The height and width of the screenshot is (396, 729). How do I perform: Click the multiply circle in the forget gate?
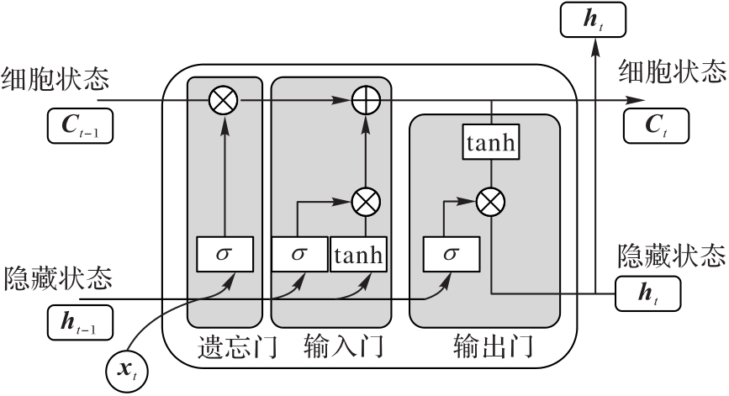click(x=224, y=101)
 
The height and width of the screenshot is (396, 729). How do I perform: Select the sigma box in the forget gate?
click(x=224, y=254)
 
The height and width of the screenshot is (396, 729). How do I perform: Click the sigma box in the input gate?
click(x=299, y=254)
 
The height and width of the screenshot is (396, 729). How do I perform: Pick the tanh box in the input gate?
click(x=359, y=254)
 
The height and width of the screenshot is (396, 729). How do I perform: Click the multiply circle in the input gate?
click(x=367, y=202)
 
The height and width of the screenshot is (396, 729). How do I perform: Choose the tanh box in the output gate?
click(x=489, y=143)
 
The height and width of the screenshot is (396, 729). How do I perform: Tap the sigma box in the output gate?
click(x=451, y=254)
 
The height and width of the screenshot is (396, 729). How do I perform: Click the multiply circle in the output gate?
click(x=489, y=201)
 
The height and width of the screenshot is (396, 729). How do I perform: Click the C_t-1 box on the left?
click(x=80, y=126)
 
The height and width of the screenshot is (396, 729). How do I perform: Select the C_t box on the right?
click(x=655, y=126)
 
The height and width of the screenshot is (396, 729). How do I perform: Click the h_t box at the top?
click(x=592, y=19)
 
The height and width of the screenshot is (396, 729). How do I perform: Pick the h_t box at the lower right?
click(x=647, y=293)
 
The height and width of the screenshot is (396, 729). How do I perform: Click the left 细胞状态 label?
click(x=55, y=79)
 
